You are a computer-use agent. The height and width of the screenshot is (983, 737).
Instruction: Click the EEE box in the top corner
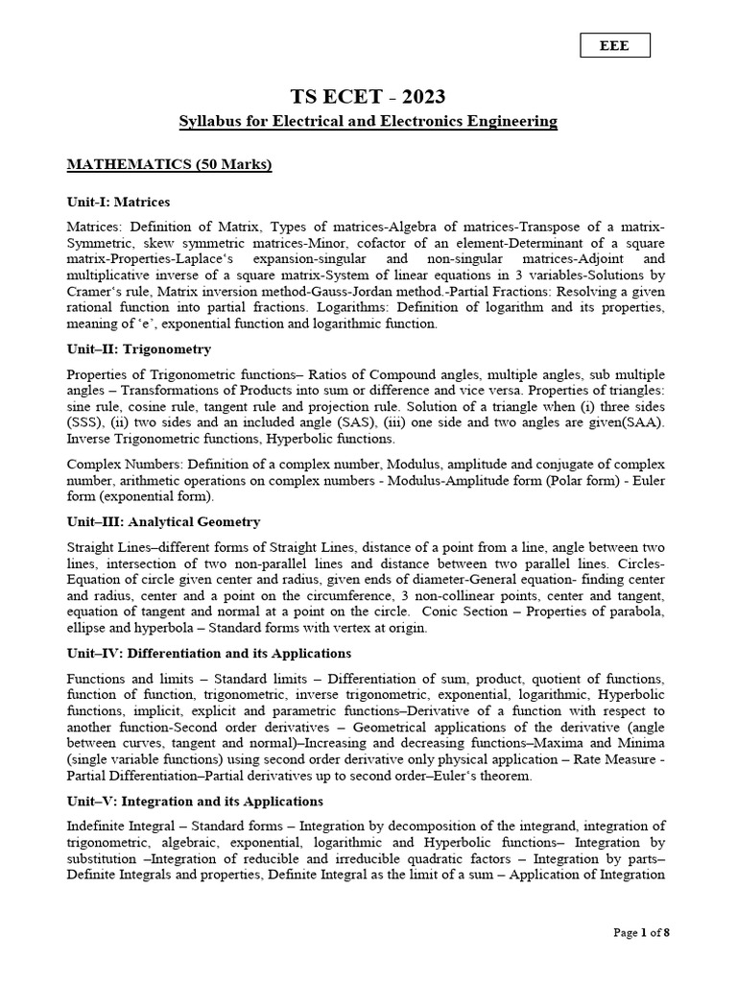(615, 46)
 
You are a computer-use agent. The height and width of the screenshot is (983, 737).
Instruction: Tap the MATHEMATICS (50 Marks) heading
(169, 165)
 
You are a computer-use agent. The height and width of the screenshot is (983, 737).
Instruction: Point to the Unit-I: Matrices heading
(118, 202)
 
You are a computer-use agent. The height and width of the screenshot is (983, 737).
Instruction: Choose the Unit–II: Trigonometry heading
(139, 348)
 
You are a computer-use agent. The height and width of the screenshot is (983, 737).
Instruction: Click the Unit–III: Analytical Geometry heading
(163, 521)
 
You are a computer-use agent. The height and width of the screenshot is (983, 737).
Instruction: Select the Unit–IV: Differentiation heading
(196, 653)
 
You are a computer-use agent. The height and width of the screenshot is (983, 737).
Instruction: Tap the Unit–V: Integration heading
(195, 801)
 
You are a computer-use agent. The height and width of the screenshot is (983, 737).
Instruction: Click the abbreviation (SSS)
(84, 422)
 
